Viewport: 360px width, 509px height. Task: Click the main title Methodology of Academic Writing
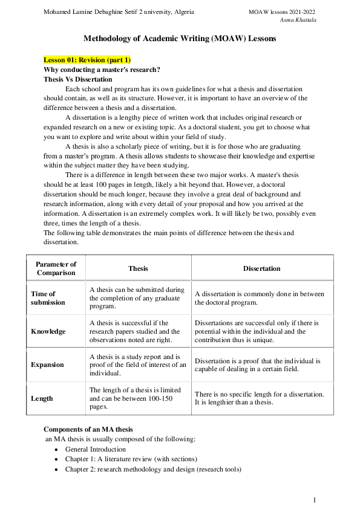pyautogui.click(x=179, y=38)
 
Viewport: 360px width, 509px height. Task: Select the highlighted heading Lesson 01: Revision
pyautogui.click(x=87, y=60)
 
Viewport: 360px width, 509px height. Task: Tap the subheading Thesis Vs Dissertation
pyautogui.click(x=77, y=79)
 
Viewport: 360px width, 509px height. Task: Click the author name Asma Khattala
pyautogui.click(x=299, y=20)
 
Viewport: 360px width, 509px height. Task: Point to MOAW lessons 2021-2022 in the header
pyautogui.click(x=282, y=12)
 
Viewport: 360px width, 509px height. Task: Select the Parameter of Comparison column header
pyautogui.click(x=56, y=268)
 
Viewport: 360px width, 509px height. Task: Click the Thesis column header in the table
pyautogui.click(x=138, y=268)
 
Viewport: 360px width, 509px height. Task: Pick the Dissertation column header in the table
pyautogui.click(x=261, y=268)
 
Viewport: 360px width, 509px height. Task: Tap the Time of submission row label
pyautogui.click(x=48, y=298)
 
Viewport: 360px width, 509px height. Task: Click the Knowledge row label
pyautogui.click(x=48, y=331)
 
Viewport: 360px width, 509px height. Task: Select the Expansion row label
pyautogui.click(x=47, y=365)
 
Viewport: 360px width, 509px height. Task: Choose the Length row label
pyautogui.click(x=42, y=398)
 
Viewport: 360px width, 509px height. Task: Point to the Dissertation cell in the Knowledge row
pyautogui.click(x=259, y=331)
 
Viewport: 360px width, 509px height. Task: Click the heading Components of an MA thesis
pyautogui.click(x=88, y=429)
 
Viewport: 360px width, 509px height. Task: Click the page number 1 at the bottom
pyautogui.click(x=315, y=500)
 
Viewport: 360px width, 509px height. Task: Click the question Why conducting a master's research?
pyautogui.click(x=102, y=70)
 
